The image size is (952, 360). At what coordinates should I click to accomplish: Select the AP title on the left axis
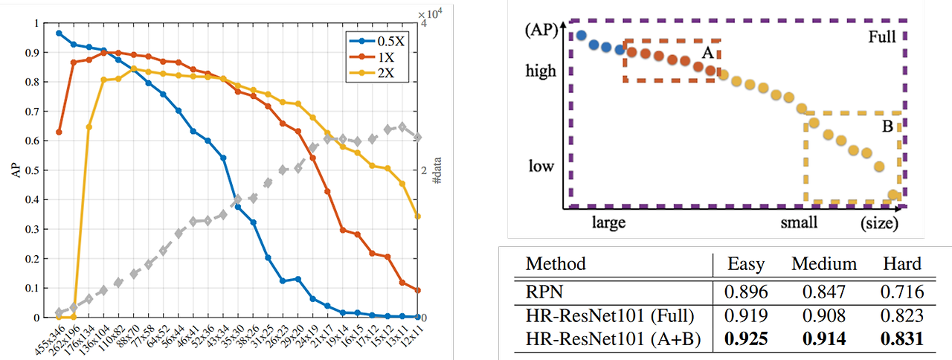(17, 170)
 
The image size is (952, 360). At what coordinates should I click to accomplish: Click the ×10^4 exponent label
(431, 14)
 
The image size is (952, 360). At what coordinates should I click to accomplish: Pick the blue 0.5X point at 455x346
(59, 33)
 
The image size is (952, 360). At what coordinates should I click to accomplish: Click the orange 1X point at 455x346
(59, 132)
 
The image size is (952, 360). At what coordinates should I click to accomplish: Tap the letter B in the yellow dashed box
(887, 126)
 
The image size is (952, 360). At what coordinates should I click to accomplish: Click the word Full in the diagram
(882, 36)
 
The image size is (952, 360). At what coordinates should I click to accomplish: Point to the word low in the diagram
(541, 165)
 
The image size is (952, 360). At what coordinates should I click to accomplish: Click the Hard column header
(901, 264)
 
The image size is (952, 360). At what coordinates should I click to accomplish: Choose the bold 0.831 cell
(901, 340)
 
